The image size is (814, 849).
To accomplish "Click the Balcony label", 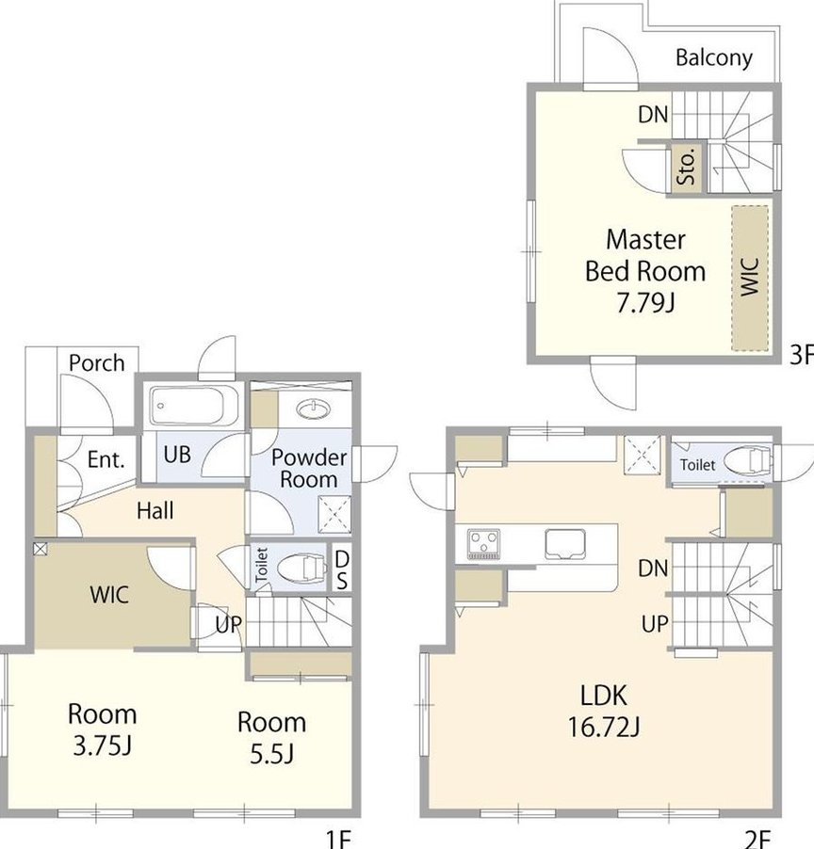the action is [x=714, y=58].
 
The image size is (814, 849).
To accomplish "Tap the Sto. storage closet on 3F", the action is [x=687, y=168].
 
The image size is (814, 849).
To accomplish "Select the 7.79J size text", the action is [x=645, y=302].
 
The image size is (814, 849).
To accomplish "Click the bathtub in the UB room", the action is [x=195, y=405].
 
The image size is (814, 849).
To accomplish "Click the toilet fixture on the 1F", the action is [x=302, y=569].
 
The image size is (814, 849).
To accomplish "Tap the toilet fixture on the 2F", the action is [x=747, y=460].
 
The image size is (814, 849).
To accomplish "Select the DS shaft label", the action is [x=342, y=569].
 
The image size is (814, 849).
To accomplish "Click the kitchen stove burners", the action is [x=483, y=544].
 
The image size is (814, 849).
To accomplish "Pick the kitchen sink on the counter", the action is [x=565, y=543].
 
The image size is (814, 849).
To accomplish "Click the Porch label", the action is [x=96, y=363].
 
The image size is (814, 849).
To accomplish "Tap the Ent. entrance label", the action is [x=106, y=459].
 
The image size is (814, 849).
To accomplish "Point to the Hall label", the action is [x=155, y=510].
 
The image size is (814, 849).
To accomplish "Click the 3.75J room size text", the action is [x=102, y=745].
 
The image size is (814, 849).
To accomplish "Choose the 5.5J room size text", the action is [x=271, y=754].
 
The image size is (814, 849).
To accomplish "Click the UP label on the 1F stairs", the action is [x=228, y=625].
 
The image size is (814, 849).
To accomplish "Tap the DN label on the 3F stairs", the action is [x=653, y=114].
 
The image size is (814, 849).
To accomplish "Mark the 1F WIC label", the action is [x=109, y=595].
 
